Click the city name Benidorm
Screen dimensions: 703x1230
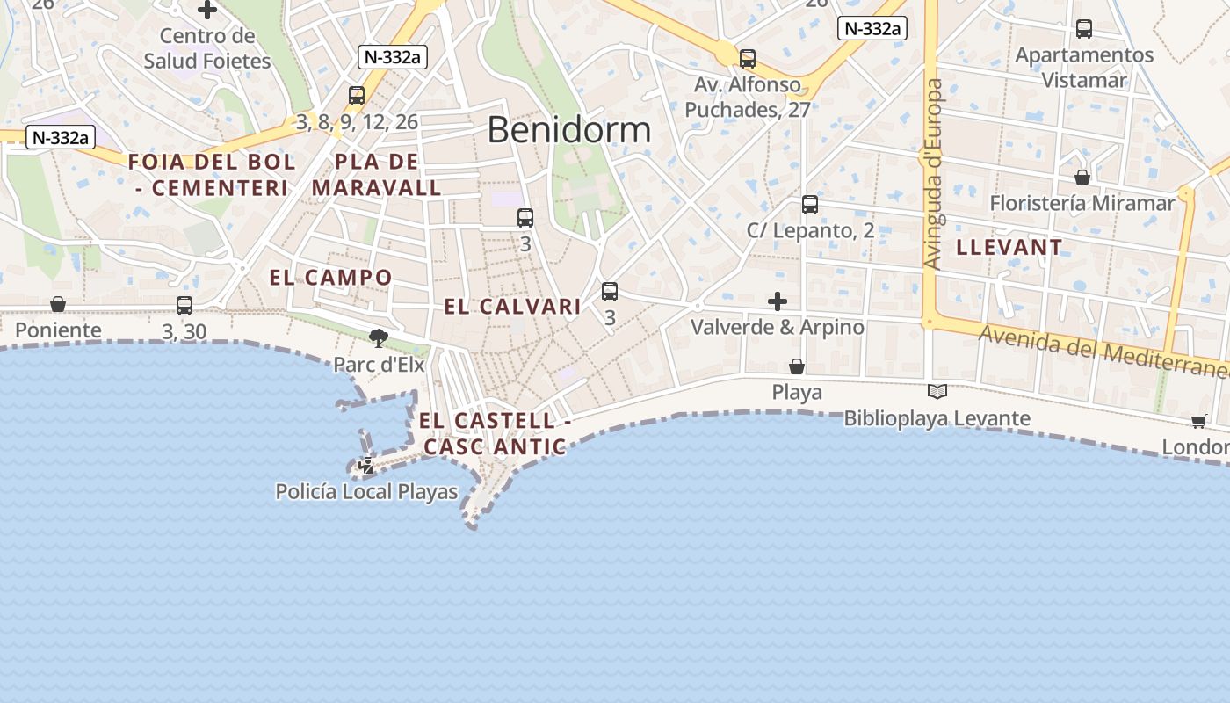[x=568, y=130]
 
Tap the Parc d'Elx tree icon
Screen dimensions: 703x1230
[x=379, y=337]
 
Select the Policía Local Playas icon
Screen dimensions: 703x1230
[x=366, y=466]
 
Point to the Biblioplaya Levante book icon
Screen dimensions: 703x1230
[x=937, y=392]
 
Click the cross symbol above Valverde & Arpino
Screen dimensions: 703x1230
[x=778, y=301]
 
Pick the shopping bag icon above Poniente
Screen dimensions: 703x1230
[x=58, y=304]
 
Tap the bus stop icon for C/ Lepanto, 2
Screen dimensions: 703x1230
[x=810, y=205]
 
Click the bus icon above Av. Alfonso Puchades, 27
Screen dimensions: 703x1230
[x=747, y=59]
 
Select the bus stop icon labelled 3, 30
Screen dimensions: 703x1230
[x=184, y=306]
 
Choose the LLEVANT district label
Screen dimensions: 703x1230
[x=1009, y=247]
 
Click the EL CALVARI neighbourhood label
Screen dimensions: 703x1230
[x=513, y=307]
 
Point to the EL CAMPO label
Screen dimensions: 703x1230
[x=331, y=278]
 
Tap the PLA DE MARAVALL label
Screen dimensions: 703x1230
[x=377, y=175]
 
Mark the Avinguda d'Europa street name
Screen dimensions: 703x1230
[x=934, y=174]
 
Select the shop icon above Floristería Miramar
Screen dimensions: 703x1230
[x=1082, y=178]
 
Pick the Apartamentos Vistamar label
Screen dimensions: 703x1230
[x=1084, y=68]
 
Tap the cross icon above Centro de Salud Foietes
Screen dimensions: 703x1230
[x=207, y=11]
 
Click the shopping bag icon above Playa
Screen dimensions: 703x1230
[x=797, y=366]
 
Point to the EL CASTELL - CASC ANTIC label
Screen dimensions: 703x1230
[x=495, y=434]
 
